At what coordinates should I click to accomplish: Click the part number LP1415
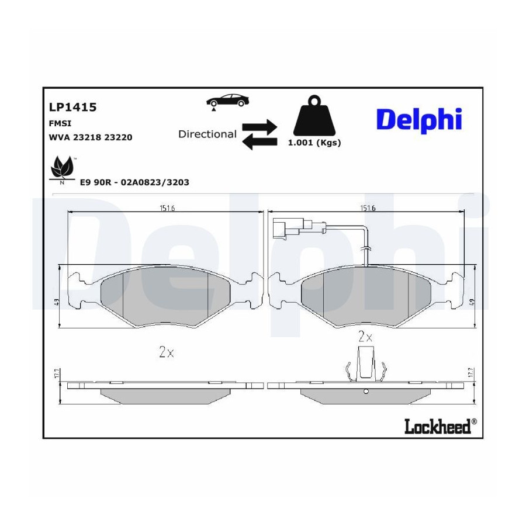[73, 107]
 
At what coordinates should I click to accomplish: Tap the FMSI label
[60, 123]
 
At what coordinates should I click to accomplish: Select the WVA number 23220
[118, 137]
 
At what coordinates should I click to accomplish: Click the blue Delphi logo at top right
[419, 120]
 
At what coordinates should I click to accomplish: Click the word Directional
[207, 134]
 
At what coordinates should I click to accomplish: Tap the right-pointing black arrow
[259, 127]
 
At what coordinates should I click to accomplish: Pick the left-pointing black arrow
[259, 142]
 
